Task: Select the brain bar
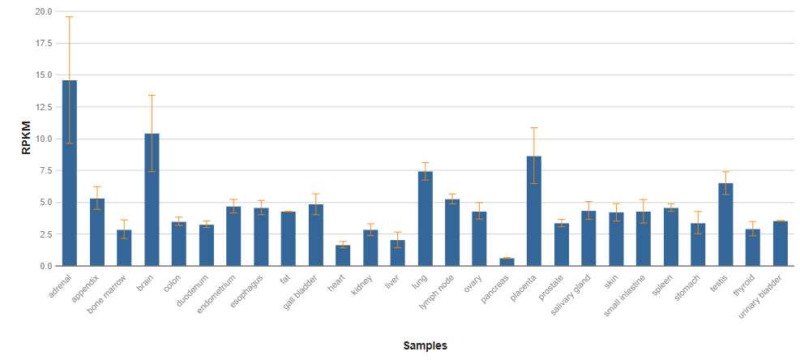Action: tap(152, 199)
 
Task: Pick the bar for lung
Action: tap(425, 218)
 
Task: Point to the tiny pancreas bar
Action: tap(507, 262)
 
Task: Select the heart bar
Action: tap(343, 255)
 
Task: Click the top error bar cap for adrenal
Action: tap(70, 17)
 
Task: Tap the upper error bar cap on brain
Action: tap(152, 96)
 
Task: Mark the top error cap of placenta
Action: tap(534, 128)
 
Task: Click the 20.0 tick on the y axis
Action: tap(43, 12)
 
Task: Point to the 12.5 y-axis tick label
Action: tap(43, 107)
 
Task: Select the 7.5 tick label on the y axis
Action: tap(45, 171)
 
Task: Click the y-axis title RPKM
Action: tap(26, 138)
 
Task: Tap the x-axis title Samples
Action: tap(425, 345)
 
